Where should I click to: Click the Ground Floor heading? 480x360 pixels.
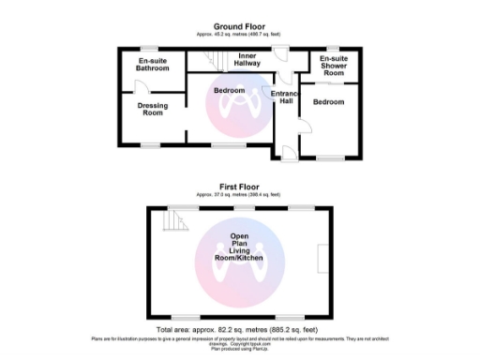tap(239, 26)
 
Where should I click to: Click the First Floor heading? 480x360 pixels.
tap(239, 187)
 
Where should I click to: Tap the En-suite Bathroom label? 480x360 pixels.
tap(153, 65)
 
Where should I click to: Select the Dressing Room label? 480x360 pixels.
tap(152, 110)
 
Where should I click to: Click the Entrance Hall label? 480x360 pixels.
tap(283, 97)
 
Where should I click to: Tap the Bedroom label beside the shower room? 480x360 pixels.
tap(329, 101)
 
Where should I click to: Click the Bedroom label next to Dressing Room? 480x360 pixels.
tap(229, 91)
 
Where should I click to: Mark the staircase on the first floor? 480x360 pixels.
tap(172, 221)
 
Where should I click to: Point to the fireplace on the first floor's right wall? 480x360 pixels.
tap(323, 258)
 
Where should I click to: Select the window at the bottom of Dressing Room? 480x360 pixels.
tap(151, 145)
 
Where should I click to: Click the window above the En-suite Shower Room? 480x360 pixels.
tap(332, 48)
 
